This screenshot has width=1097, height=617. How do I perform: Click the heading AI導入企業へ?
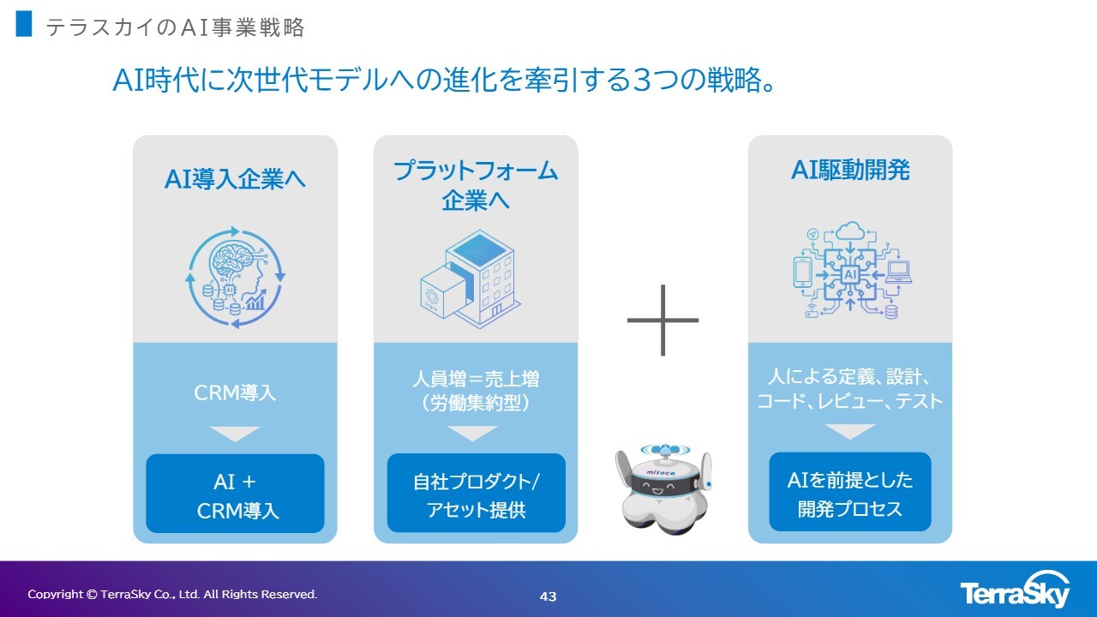coord(235,179)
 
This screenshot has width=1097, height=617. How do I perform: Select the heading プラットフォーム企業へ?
coord(476,184)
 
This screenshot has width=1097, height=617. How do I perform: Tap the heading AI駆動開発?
coord(850,170)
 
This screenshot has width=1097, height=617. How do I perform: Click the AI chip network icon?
coord(850,271)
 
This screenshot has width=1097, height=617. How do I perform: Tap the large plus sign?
coord(663,320)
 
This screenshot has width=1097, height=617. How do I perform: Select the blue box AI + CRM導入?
coord(235,494)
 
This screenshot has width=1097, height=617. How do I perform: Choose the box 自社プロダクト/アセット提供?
coord(476,494)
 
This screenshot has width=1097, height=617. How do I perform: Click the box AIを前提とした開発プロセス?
coord(850,493)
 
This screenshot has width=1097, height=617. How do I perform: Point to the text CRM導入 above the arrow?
coord(235,393)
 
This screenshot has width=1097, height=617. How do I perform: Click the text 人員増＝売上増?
coord(476,379)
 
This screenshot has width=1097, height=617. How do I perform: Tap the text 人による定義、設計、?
coord(850,377)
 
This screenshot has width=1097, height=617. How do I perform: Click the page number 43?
coord(548,596)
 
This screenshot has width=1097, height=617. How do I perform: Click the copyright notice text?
coord(172,594)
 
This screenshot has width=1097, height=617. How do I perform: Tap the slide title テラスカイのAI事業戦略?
coord(175,27)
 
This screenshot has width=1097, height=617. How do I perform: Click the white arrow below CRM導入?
coord(235,434)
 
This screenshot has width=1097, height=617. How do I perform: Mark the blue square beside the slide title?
coord(24,24)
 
